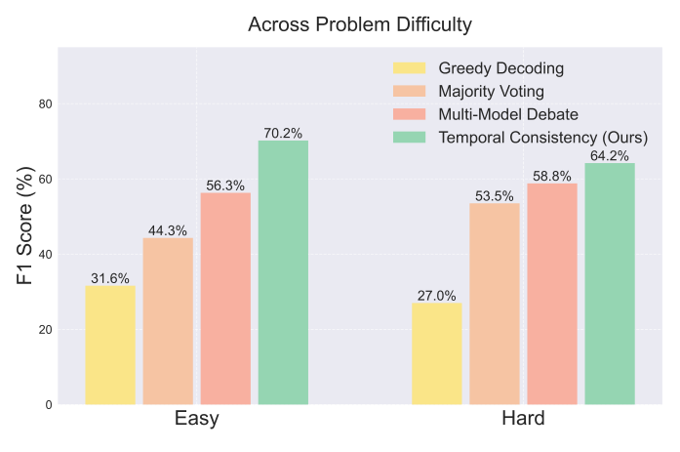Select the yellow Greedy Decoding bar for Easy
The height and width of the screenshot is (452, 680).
pyautogui.click(x=110, y=345)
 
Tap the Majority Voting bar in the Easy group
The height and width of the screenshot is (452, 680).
pyautogui.click(x=168, y=321)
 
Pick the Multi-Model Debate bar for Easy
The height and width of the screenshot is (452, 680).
pyautogui.click(x=225, y=299)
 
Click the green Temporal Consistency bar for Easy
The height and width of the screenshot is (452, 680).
pyautogui.click(x=283, y=272)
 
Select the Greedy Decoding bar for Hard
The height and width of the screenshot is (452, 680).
pyautogui.click(x=436, y=353)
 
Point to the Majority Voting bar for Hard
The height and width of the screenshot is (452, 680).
pyautogui.click(x=495, y=304)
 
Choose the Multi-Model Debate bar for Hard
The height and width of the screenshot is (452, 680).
pyautogui.click(x=552, y=294)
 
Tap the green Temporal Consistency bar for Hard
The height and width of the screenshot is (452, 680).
pyautogui.click(x=610, y=283)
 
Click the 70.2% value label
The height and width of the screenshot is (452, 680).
pyautogui.click(x=283, y=133)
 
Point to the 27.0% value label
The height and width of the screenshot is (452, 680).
pyautogui.click(x=436, y=295)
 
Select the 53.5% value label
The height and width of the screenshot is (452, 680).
pyautogui.click(x=495, y=195)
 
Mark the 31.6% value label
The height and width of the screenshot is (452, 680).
pyautogui.click(x=110, y=278)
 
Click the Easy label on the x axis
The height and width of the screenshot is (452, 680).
pyautogui.click(x=197, y=419)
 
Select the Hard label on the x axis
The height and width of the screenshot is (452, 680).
pyautogui.click(x=523, y=419)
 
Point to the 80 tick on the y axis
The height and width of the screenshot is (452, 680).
pyautogui.click(x=45, y=104)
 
